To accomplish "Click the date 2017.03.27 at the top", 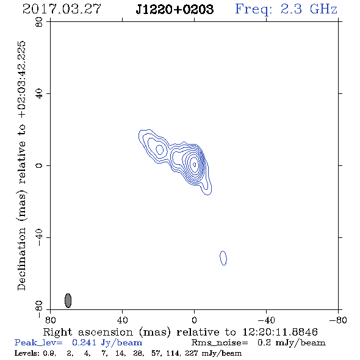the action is coord(62,9).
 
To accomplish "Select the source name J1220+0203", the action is coord(175,9).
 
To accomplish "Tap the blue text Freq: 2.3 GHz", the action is coord(286,10).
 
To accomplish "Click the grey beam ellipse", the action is coord(68,300).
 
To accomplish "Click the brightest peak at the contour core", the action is coord(195,164).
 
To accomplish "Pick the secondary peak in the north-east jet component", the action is coord(160,149).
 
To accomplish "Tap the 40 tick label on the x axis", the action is coord(122,320).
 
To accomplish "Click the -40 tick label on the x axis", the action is coord(266,320).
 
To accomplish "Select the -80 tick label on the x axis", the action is coord(338,320).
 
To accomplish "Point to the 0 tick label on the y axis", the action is coord(39,165).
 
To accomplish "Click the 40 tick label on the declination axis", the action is coord(39,94).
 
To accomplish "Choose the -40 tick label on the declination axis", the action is coord(39,237).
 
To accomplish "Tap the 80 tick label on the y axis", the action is coord(39,22).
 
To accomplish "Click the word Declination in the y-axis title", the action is coord(21,259).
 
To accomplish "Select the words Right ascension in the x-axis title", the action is coord(88,332).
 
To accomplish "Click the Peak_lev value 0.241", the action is coord(84,342).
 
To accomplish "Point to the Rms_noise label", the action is coord(220,343).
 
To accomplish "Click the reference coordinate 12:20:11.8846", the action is coord(280,332).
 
